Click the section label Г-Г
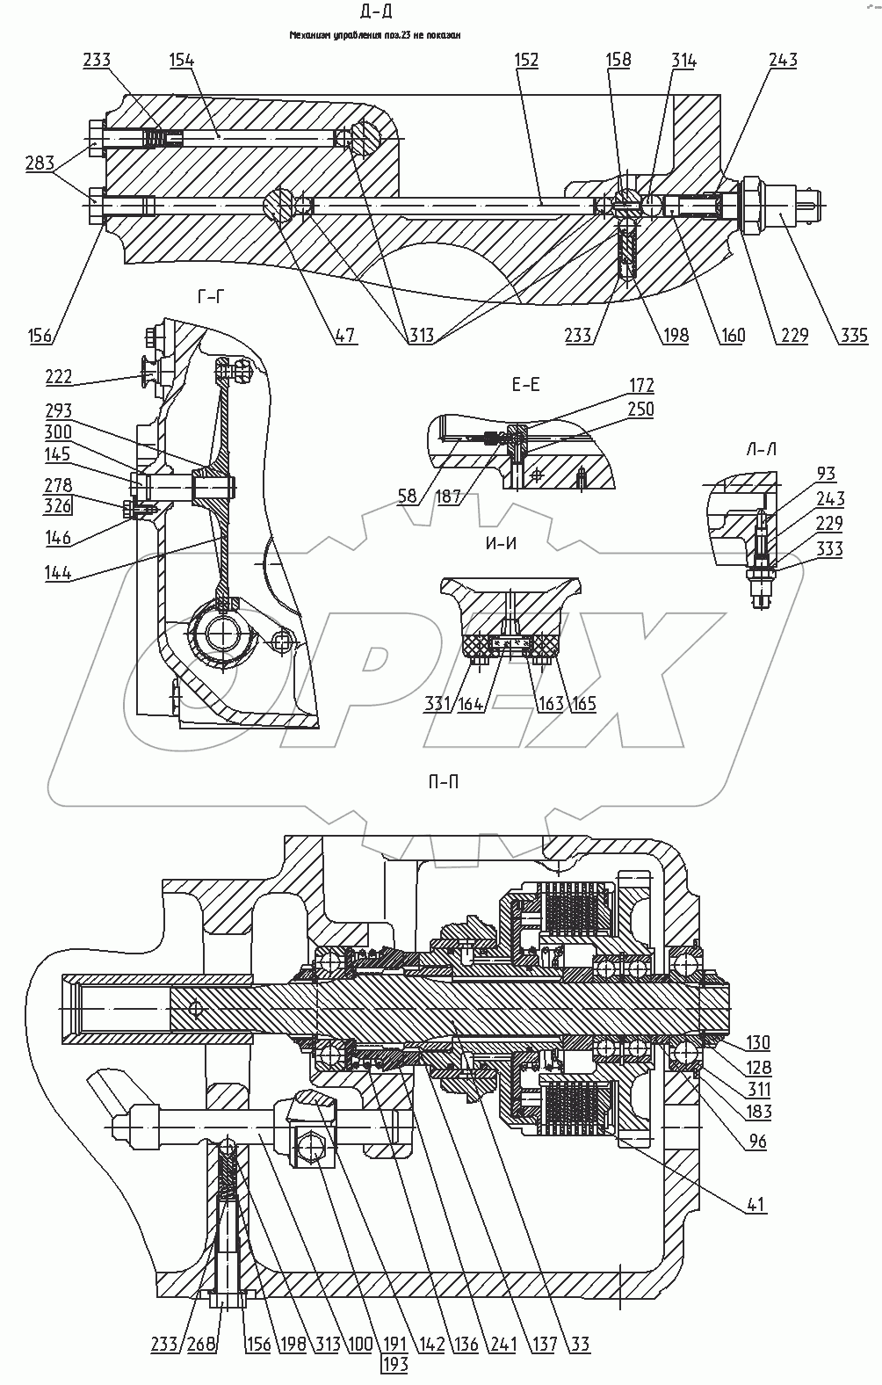pyautogui.click(x=210, y=298)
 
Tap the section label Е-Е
pyautogui.click(x=524, y=384)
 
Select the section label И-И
pyautogui.click(x=501, y=543)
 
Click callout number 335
pyautogui.click(x=852, y=335)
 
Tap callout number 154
pyautogui.click(x=182, y=60)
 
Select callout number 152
pyautogui.click(x=526, y=60)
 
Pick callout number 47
pyautogui.click(x=344, y=335)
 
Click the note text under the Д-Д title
pyautogui.click(x=376, y=36)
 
